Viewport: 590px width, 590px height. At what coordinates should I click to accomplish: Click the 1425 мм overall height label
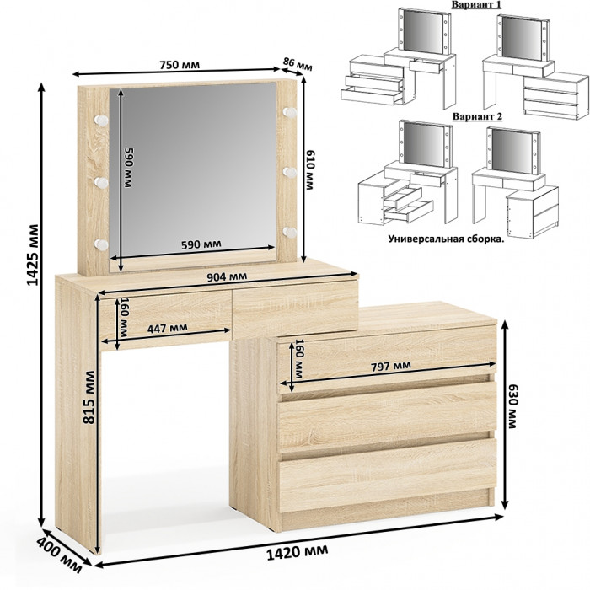pos(33,255)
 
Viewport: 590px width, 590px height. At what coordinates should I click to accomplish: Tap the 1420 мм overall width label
pos(297,552)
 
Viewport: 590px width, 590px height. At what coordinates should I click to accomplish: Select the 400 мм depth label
pos(59,557)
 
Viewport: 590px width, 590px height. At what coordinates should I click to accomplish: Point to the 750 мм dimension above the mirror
pos(180,65)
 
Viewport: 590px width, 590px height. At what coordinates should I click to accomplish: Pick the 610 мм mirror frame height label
pos(309,170)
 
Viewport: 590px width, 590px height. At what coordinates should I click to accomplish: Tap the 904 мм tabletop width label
pos(228,276)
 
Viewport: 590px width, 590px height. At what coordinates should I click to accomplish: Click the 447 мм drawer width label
pos(167,328)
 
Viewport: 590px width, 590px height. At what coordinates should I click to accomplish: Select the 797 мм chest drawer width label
pos(391,366)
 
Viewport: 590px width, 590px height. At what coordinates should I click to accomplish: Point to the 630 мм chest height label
pos(512,406)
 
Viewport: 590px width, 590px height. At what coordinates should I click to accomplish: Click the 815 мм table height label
pos(89,397)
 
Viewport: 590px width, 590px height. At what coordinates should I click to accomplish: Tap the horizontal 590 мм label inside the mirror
pos(201,244)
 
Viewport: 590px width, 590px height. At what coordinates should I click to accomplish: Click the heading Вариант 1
pos(476,4)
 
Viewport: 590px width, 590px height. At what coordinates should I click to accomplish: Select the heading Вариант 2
pos(477,116)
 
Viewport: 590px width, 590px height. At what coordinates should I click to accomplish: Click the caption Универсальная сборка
pos(446,239)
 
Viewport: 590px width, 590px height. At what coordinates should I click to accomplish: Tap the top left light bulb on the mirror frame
pos(101,120)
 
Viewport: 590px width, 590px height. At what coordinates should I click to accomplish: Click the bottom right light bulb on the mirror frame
pos(290,232)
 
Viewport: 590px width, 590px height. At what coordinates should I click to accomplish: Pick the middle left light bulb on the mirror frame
pos(101,183)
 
